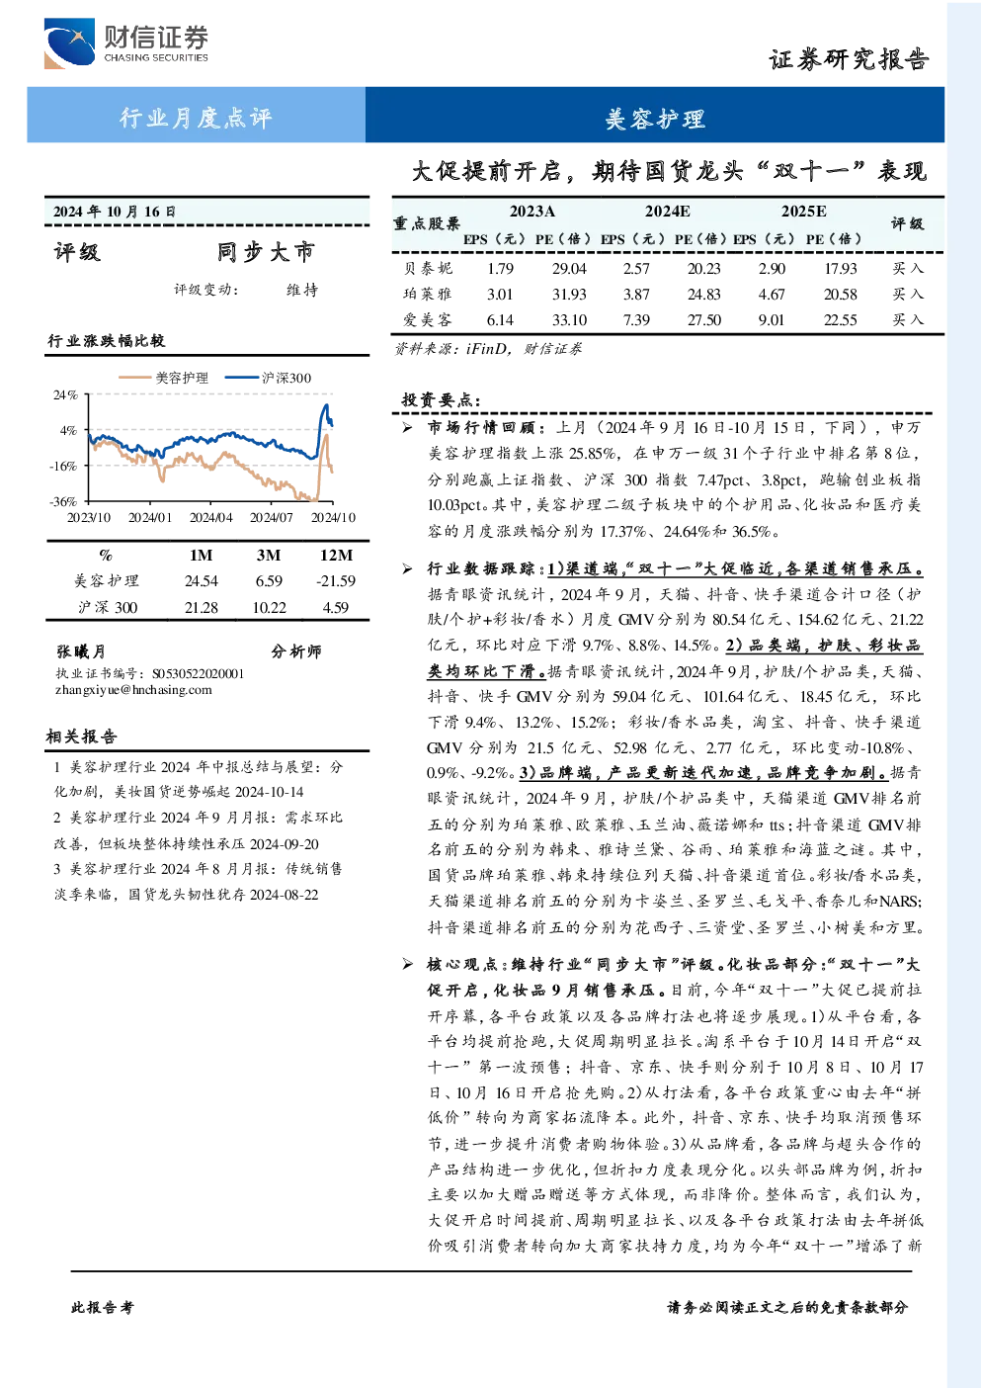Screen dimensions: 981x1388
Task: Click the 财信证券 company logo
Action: pyautogui.click(x=126, y=43)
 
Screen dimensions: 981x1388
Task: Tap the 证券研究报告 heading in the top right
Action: pyautogui.click(x=849, y=60)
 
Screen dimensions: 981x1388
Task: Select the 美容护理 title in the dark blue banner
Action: pyautogui.click(x=655, y=119)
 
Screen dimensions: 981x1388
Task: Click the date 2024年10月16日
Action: pyautogui.click(x=115, y=212)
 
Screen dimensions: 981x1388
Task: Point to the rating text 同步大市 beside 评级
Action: pyautogui.click(x=267, y=252)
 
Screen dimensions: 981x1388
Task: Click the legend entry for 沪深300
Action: pyautogui.click(x=268, y=378)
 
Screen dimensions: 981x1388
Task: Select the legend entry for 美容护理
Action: pyautogui.click(x=164, y=378)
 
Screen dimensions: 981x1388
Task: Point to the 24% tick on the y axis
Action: pyautogui.click(x=65, y=394)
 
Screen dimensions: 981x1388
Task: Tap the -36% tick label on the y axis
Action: pyautogui.click(x=63, y=501)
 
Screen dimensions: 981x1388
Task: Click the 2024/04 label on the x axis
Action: pyautogui.click(x=210, y=517)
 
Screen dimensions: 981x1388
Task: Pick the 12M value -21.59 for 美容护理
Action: pyautogui.click(x=336, y=581)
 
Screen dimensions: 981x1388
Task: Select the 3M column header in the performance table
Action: pyautogui.click(x=269, y=556)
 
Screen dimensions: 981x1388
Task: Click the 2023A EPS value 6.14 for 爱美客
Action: pyautogui.click(x=500, y=320)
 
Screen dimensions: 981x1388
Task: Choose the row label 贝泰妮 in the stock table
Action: pyautogui.click(x=428, y=268)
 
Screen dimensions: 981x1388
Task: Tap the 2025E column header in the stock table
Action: pyautogui.click(x=803, y=212)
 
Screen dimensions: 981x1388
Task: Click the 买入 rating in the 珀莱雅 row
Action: pyautogui.click(x=908, y=295)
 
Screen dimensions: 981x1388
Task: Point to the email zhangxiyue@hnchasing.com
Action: pyautogui.click(x=133, y=690)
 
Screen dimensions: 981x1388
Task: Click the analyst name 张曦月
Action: pyautogui.click(x=81, y=651)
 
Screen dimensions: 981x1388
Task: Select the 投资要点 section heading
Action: pyautogui.click(x=441, y=399)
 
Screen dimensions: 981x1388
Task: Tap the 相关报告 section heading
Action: pyautogui.click(x=81, y=737)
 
